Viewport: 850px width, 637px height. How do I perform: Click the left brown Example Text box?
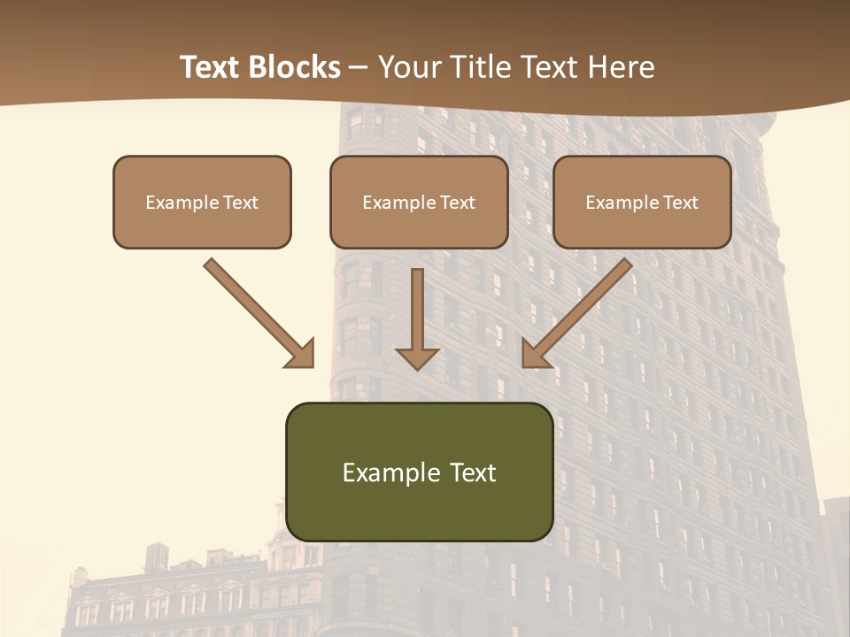(202, 202)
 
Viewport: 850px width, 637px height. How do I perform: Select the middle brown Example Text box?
(419, 202)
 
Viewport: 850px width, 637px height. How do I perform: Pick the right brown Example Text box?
(642, 202)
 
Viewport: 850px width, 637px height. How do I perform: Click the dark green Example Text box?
(419, 472)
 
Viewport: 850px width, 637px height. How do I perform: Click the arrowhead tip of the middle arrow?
(417, 366)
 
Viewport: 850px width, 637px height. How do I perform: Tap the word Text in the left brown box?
(241, 202)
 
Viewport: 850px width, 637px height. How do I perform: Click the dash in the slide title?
(359, 67)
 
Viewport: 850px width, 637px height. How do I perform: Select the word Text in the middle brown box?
(458, 202)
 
